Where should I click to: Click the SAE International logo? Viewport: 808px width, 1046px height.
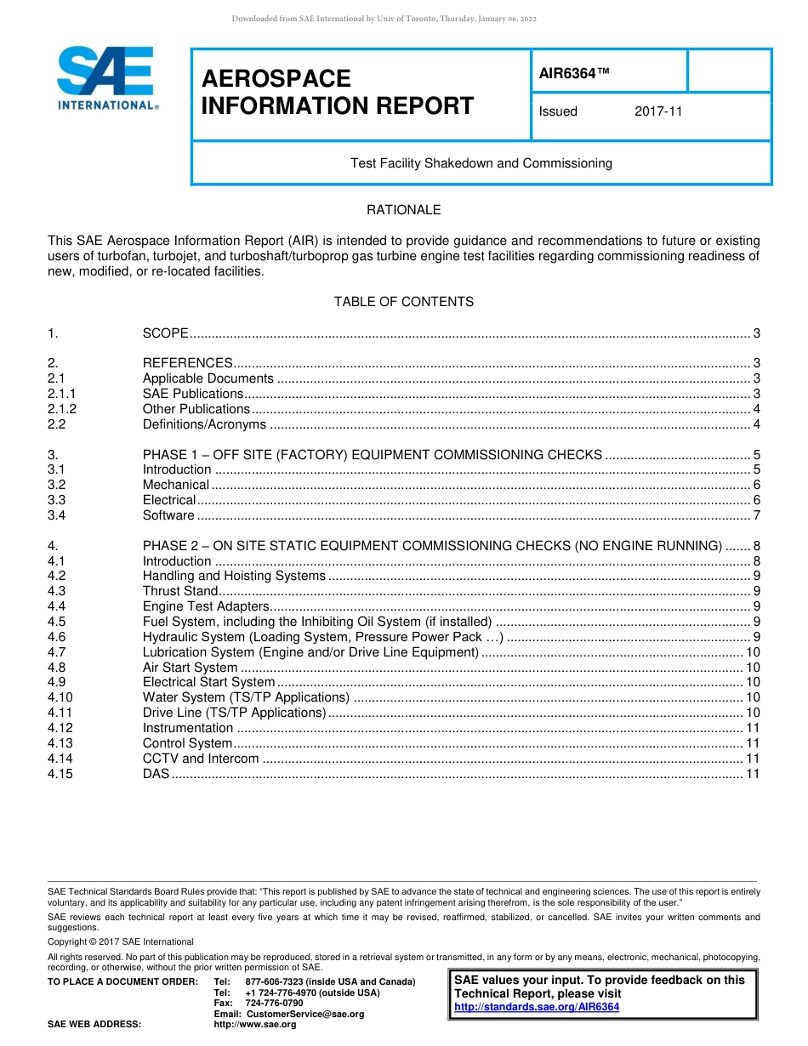[x=106, y=77]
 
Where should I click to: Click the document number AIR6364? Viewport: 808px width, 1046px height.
[x=574, y=73]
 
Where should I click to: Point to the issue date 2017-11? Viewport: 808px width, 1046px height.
[x=658, y=111]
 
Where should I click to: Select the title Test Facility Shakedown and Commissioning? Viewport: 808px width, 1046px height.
[x=481, y=162]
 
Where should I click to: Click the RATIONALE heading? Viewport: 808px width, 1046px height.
[x=403, y=210]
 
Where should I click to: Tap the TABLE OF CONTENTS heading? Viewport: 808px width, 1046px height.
[x=403, y=302]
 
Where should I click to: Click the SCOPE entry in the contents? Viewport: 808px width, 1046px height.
[x=165, y=333]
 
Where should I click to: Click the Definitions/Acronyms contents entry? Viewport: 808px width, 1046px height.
[x=204, y=424]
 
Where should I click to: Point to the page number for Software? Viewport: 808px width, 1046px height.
[x=756, y=515]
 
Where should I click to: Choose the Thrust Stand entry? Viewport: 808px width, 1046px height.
[x=180, y=591]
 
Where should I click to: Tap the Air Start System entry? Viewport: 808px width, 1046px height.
[x=190, y=668]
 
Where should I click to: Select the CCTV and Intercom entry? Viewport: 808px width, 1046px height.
[x=200, y=759]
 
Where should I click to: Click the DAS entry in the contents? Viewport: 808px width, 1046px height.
[x=156, y=774]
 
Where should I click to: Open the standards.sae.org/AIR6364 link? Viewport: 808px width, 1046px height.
[x=537, y=1007]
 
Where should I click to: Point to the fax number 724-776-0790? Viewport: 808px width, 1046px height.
[x=274, y=1003]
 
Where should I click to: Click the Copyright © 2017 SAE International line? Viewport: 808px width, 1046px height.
[x=121, y=941]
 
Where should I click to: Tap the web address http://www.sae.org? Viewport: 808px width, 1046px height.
[x=255, y=1024]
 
